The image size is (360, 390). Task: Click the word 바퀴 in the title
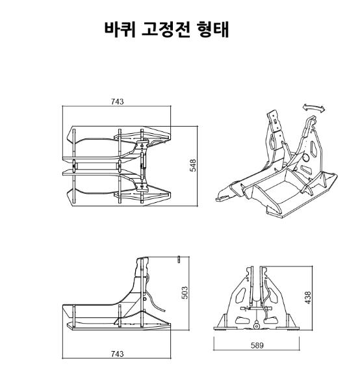tap(120, 30)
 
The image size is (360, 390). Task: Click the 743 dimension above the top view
tap(117, 102)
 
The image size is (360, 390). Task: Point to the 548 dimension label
tap(193, 165)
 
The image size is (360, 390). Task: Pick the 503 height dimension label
tap(185, 292)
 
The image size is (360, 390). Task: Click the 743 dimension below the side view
tap(117, 354)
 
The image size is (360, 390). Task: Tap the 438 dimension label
tap(308, 298)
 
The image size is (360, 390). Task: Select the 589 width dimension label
tap(257, 346)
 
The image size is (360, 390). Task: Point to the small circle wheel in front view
tap(256, 326)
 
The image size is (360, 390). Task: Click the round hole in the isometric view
tap(305, 157)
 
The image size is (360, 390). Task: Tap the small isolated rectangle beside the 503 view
tap(179, 259)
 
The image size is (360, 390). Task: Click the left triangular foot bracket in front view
tap(223, 322)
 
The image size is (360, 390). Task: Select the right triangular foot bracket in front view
tap(289, 322)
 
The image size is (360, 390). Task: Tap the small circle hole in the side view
tap(145, 298)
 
